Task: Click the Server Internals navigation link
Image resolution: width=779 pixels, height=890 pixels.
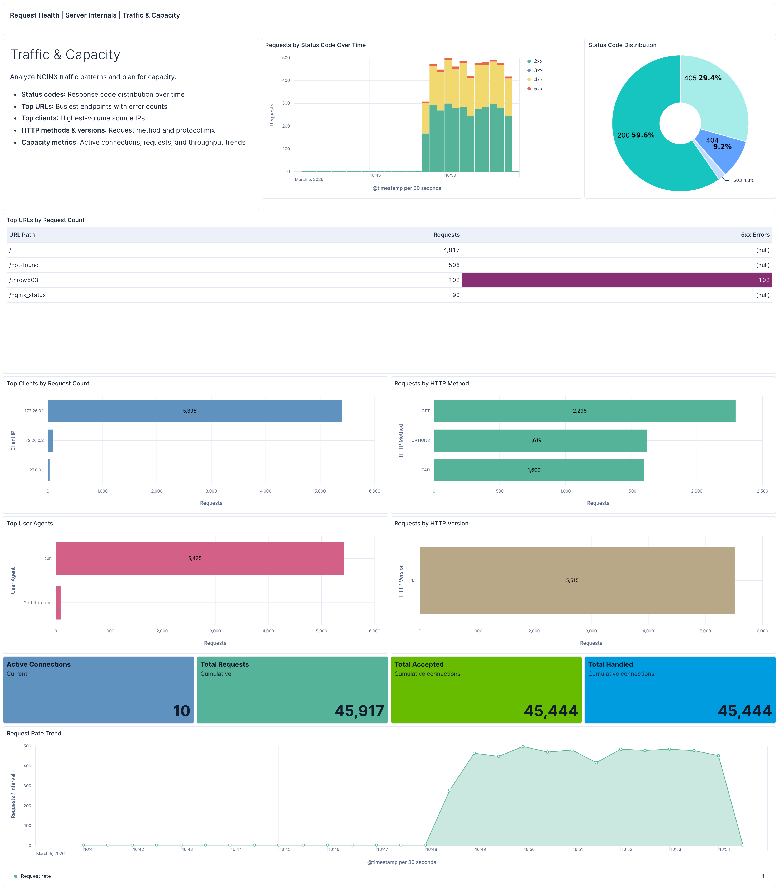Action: tap(91, 15)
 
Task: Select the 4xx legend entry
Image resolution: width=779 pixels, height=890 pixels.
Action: tap(538, 80)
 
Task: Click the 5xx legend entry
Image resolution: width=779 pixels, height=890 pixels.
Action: tap(538, 89)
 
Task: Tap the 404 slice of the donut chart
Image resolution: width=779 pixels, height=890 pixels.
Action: tap(719, 150)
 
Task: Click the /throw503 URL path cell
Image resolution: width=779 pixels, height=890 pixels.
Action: tap(24, 280)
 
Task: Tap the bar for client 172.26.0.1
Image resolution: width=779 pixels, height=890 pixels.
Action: tap(194, 411)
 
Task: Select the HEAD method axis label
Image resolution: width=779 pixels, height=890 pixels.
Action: tap(424, 470)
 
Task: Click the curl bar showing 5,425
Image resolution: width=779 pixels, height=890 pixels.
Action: tap(200, 558)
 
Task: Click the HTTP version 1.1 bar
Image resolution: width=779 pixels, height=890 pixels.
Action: tap(577, 580)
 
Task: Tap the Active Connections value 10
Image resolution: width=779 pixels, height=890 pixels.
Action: tap(181, 711)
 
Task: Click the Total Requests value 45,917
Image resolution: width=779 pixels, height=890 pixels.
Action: tap(359, 711)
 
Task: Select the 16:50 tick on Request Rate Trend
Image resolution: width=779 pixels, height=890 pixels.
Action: tap(529, 849)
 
